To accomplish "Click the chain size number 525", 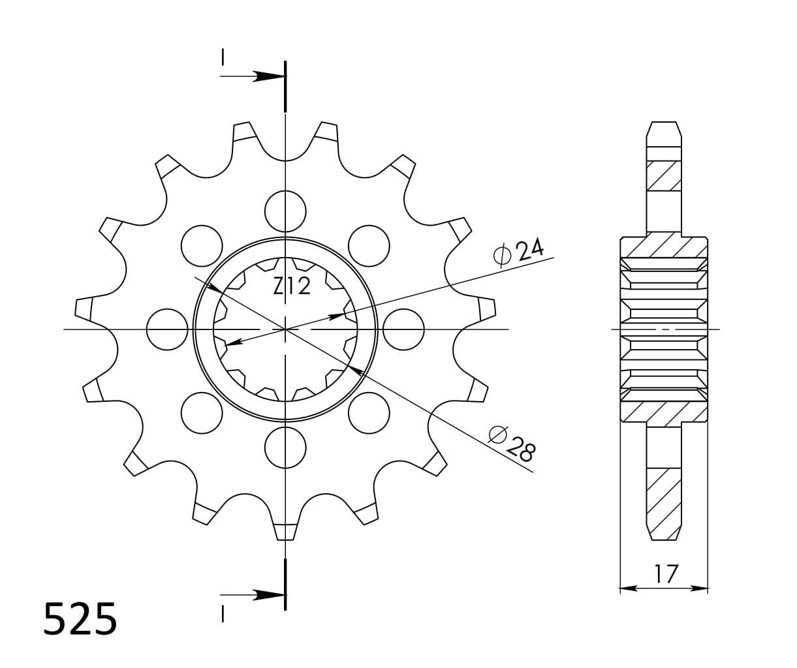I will coord(80,619).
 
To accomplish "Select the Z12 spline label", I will coord(292,286).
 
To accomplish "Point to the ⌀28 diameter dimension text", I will coord(513,444).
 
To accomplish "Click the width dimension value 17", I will coord(666,574).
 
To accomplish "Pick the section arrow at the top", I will coord(268,76).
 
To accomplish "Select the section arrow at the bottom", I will coord(268,594).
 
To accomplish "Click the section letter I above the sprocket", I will coord(223,57).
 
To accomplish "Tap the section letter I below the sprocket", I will coord(223,614).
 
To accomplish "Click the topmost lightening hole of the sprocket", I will coord(285,211).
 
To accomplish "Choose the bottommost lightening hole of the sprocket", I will coord(285,448).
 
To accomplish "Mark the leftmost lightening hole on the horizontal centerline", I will coord(167,329).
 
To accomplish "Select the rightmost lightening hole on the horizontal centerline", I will coord(403,329).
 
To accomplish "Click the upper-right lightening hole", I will coord(369,246).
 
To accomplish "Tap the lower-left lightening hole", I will coord(202,413).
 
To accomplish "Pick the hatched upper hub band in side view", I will coord(664,247).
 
